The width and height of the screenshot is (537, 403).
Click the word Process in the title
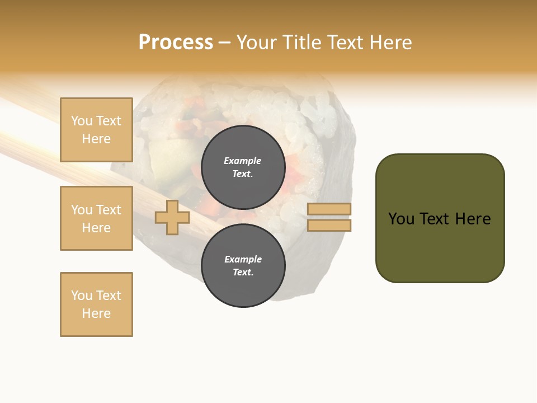(176, 43)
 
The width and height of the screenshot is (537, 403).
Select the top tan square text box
(96, 130)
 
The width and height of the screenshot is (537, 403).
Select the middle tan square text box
(96, 218)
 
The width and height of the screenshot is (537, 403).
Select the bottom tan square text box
(96, 304)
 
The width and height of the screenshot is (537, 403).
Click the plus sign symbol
(172, 217)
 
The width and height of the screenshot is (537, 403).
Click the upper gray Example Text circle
(243, 167)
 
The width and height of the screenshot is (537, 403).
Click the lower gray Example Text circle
(243, 265)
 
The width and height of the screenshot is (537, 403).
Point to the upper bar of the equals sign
(329, 209)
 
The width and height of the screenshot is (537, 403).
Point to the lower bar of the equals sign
(329, 225)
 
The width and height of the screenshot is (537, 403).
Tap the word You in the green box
(401, 219)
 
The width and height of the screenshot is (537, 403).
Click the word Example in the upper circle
(243, 161)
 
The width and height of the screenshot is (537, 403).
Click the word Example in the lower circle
(243, 259)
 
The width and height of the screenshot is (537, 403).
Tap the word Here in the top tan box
(96, 139)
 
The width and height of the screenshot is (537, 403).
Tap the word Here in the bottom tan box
(96, 313)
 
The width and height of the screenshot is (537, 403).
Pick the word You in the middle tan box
(82, 210)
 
